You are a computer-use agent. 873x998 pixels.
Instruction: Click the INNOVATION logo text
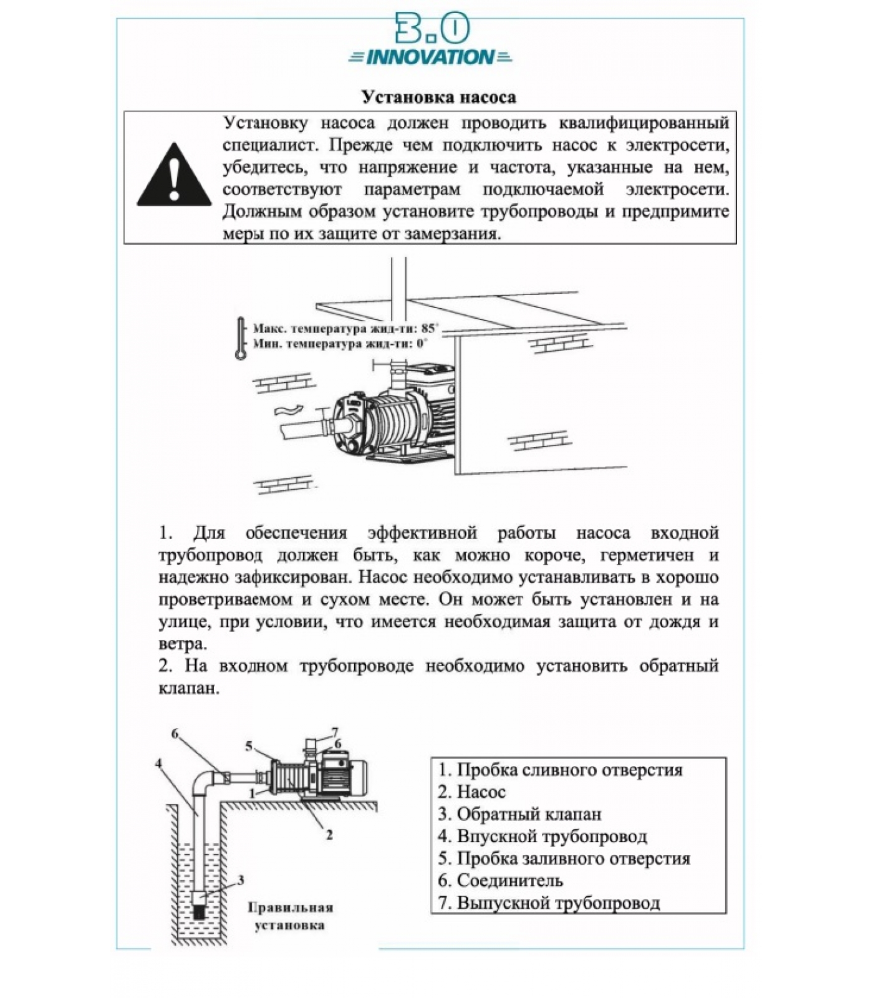coord(430,58)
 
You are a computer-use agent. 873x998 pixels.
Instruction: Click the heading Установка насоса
coord(439,97)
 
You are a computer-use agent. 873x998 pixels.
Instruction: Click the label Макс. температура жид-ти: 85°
coord(345,328)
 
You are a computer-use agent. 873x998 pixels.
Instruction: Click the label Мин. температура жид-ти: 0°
coord(340,344)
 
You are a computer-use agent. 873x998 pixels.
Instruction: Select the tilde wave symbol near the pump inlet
coord(289,410)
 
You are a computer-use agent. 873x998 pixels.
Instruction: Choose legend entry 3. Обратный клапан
coord(519,814)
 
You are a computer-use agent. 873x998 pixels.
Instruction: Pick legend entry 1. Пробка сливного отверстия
coord(560,770)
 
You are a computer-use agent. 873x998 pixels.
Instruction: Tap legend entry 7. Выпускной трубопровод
coord(549,903)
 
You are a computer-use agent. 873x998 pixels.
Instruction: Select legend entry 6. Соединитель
coord(500,881)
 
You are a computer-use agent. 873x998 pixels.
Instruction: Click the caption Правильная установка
coord(290,916)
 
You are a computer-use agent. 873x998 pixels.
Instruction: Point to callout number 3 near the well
coord(241,880)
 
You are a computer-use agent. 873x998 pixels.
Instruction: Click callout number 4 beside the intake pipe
coord(159,763)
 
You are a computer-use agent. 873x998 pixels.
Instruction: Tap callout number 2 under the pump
coord(329,835)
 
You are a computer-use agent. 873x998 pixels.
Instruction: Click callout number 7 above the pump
coord(335,732)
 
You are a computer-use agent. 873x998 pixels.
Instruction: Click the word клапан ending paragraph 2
coord(189,689)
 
